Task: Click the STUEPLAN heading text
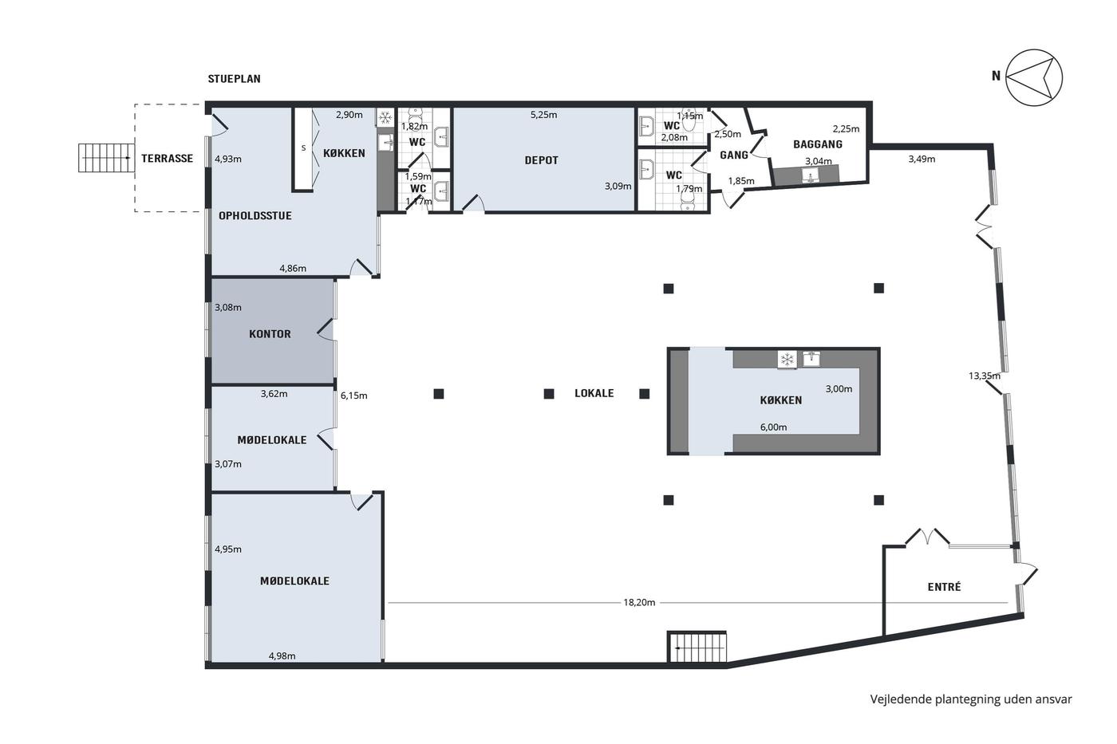click(234, 79)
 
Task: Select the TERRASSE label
click(167, 159)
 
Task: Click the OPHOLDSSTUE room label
click(255, 216)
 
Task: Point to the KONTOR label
click(270, 334)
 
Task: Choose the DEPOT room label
click(542, 160)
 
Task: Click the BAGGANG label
click(818, 144)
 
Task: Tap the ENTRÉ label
click(944, 587)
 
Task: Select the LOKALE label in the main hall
click(594, 393)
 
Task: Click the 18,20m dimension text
click(639, 603)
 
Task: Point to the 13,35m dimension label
click(985, 376)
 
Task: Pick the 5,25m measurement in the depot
click(543, 115)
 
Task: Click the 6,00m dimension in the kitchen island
click(773, 427)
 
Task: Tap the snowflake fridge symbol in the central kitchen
click(787, 360)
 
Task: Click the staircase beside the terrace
click(106, 157)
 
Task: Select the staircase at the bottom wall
click(697, 647)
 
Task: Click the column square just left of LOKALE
click(549, 394)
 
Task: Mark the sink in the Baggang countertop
click(811, 175)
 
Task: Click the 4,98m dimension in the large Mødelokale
click(282, 655)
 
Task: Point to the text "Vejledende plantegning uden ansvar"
click(971, 699)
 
